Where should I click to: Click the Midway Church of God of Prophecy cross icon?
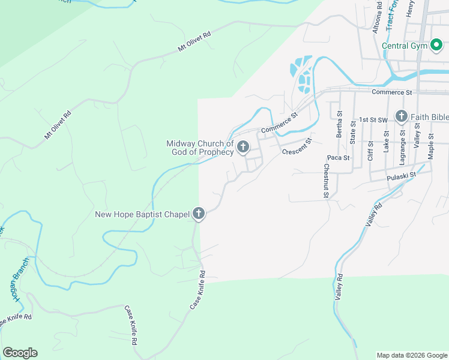[244, 147]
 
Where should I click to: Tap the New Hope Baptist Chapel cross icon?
[199, 214]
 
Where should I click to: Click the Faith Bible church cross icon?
[401, 116]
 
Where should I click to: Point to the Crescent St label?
[298, 146]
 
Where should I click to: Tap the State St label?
[353, 131]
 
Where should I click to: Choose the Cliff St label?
[370, 150]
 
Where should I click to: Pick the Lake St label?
[387, 140]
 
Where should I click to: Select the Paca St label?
[339, 158]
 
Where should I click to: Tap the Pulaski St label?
[402, 178]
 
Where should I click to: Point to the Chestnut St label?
[326, 181]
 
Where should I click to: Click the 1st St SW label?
[372, 119]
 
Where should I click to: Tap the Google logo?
[20, 353]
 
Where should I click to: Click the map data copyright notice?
[411, 355]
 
